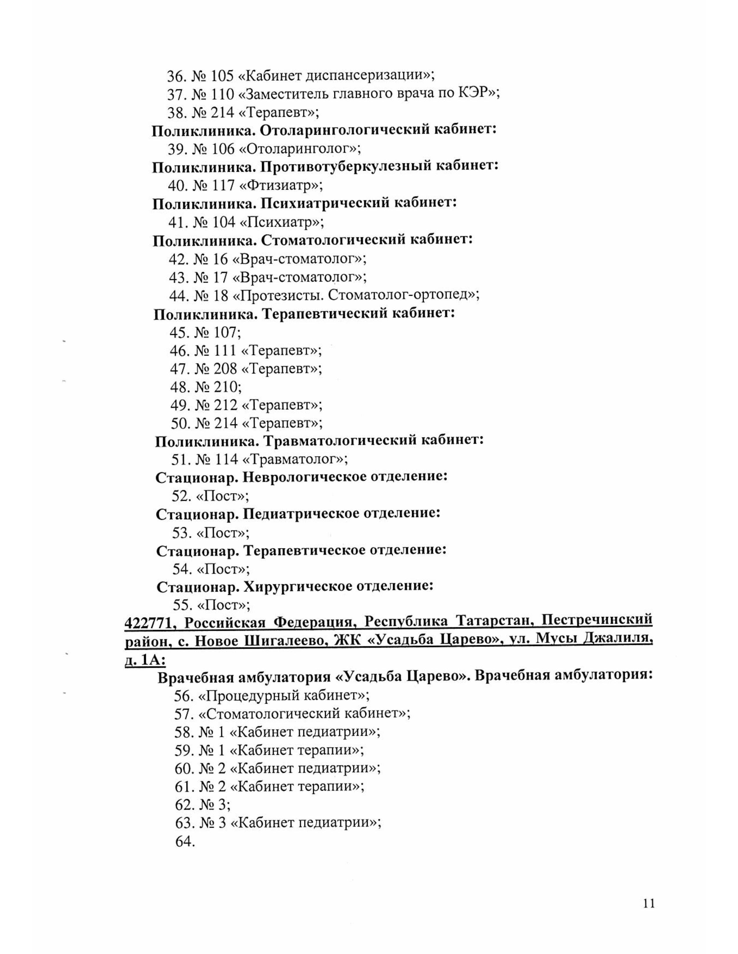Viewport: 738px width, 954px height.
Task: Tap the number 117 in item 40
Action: click(x=223, y=186)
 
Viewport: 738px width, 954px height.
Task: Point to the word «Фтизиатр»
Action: click(x=282, y=186)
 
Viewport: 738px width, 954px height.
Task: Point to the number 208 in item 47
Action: click(x=225, y=369)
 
